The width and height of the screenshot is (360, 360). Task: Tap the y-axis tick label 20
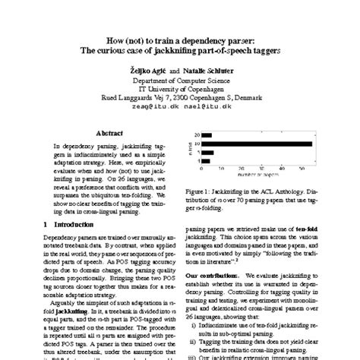point(196,135)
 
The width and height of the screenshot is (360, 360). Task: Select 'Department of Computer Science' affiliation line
point(180,79)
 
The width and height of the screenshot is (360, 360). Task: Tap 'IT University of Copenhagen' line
point(180,88)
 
